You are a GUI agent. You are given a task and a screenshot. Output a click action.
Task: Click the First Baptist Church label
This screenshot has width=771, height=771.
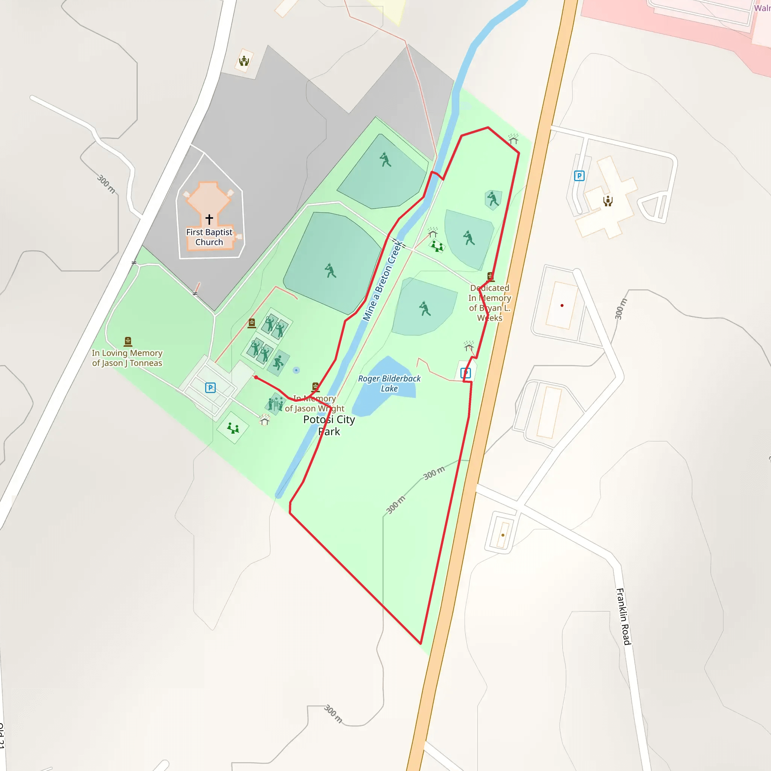pos(209,237)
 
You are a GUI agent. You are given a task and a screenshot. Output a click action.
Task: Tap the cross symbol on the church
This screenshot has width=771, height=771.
pos(209,219)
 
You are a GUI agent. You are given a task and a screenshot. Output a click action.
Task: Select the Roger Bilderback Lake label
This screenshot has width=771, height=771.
pos(389,384)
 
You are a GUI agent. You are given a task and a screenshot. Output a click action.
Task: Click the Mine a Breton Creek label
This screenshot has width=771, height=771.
pos(382,281)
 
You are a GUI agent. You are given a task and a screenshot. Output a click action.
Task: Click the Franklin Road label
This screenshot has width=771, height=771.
pos(623,616)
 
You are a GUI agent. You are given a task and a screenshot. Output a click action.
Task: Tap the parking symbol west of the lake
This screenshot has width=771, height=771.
pos(210,387)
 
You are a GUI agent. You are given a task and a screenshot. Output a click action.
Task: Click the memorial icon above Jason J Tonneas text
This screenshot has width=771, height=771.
pos(128,341)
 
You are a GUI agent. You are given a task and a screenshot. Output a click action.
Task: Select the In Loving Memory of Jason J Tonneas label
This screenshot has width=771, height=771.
pos(127,358)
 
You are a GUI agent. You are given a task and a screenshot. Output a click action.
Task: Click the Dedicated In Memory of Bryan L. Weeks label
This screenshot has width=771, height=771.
pos(490,303)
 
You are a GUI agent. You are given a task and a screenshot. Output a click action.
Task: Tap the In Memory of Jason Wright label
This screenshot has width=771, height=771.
pos(314,404)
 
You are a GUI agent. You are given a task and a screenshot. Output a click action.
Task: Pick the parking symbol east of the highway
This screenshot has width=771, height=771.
pos(579,175)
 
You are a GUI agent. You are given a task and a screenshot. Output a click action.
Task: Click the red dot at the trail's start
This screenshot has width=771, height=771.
pos(256,377)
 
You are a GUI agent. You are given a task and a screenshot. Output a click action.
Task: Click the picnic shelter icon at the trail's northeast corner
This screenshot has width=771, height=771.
pos(513,139)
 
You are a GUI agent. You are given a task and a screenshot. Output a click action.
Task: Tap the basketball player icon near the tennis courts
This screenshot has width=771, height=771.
pos(278,363)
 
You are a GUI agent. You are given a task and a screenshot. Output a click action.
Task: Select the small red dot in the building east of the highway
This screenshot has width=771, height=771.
pos(562,306)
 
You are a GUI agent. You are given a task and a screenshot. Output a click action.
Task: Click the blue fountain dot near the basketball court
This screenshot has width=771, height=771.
pos(296,370)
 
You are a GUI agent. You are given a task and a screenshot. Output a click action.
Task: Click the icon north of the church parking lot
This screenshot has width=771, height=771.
pos(244,61)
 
